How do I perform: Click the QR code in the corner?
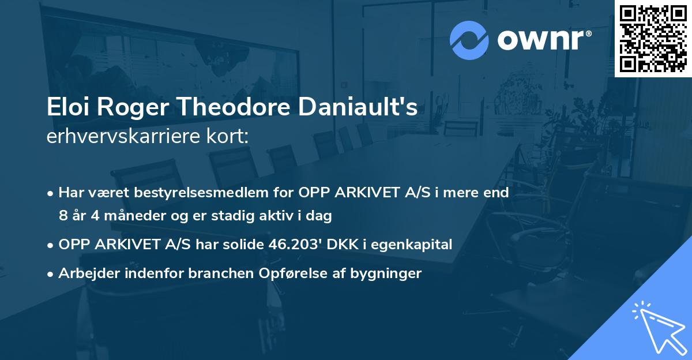click(x=653, y=38)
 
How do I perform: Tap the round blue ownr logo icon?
click(x=469, y=40)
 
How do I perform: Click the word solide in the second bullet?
click(x=246, y=245)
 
